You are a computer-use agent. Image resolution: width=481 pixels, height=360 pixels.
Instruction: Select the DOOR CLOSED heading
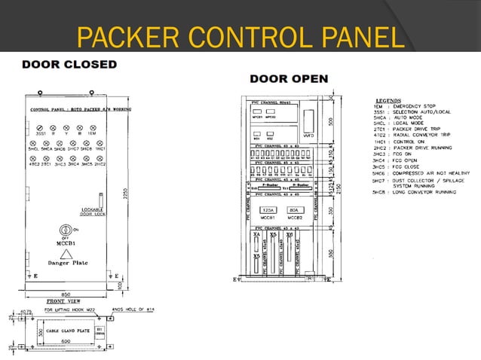point(69,65)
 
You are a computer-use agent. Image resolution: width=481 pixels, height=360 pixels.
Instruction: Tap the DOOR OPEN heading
point(289,78)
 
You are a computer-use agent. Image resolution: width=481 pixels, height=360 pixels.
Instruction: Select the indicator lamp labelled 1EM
point(93,130)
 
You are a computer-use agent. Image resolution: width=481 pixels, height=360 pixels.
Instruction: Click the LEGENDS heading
point(391,99)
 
